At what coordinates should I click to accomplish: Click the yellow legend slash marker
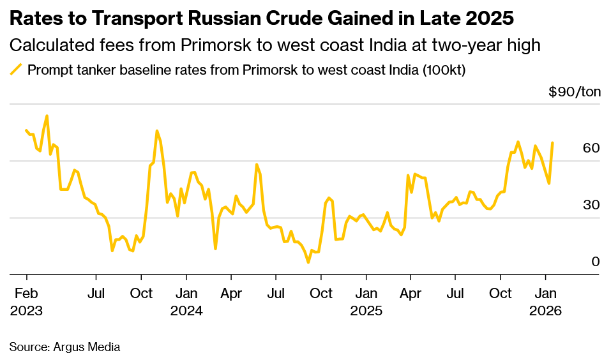[x=16, y=70]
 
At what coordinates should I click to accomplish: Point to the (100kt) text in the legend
[x=443, y=70]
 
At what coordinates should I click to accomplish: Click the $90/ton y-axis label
[x=575, y=92]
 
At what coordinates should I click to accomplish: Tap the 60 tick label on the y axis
[x=591, y=148]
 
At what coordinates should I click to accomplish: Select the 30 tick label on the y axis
[x=591, y=205]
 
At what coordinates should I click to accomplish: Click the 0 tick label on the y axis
[x=595, y=262]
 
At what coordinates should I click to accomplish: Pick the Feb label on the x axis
[x=26, y=294]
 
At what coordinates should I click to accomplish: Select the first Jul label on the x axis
[x=96, y=294]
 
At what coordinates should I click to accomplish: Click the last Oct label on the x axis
[x=500, y=294]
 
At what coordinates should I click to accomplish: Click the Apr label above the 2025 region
[x=411, y=294]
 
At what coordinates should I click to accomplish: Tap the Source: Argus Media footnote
[x=64, y=347]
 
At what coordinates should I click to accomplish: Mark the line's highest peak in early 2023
[x=47, y=116]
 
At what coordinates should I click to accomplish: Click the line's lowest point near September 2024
[x=308, y=262]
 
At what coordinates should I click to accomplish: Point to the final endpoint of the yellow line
[x=552, y=143]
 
